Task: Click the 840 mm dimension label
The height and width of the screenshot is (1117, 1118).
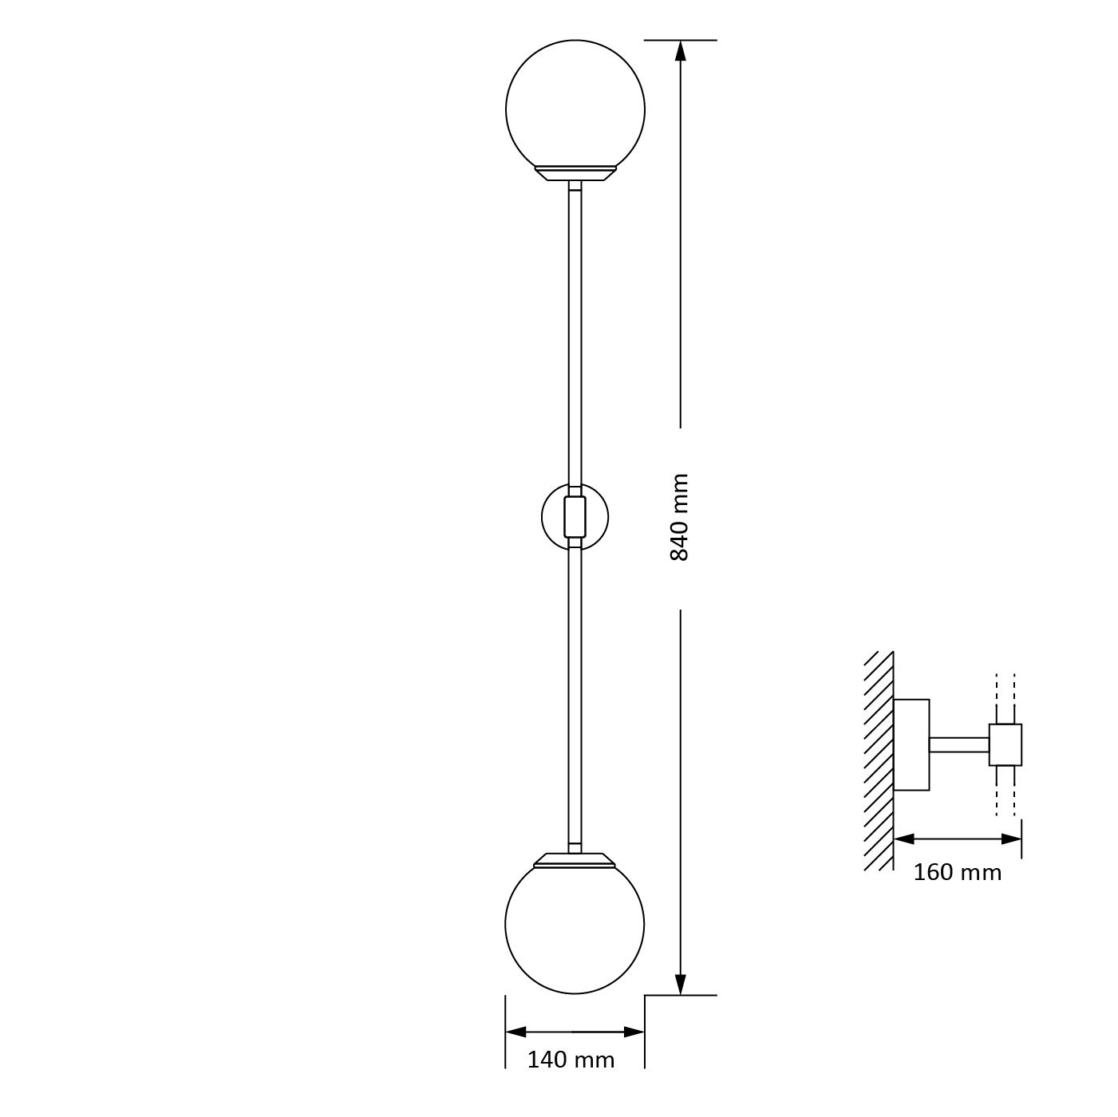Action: click(679, 518)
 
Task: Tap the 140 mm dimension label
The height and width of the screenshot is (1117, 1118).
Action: click(571, 1060)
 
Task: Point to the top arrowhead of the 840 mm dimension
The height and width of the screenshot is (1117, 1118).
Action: click(681, 50)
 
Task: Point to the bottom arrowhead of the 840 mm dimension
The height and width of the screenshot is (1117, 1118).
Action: click(681, 985)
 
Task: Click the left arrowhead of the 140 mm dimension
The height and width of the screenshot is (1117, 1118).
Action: click(516, 1032)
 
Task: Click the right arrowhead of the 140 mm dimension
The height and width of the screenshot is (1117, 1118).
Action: click(634, 1032)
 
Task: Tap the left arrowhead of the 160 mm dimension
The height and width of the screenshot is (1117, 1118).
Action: click(904, 839)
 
